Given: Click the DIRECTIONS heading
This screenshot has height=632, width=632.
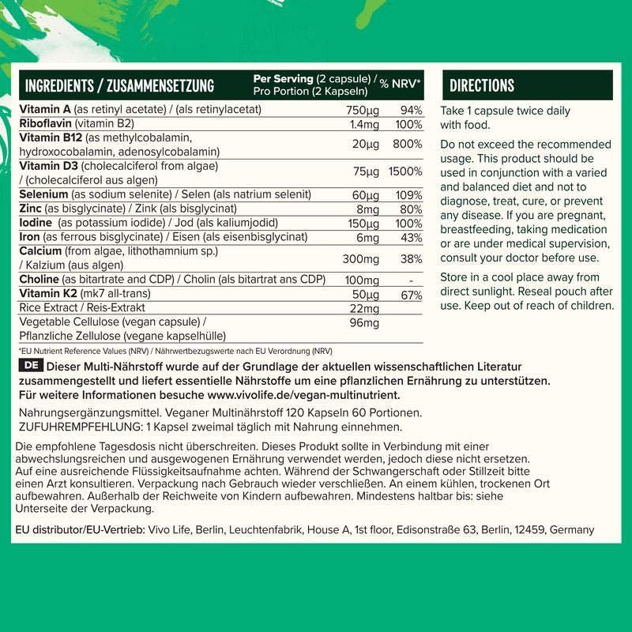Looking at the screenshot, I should [482, 85].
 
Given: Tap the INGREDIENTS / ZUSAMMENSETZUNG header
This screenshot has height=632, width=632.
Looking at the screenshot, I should [120, 85].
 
